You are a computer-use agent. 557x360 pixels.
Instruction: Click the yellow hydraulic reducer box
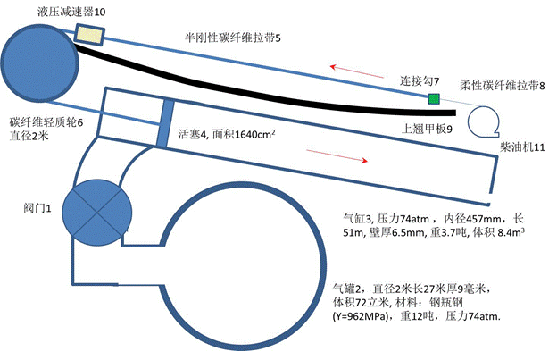[89, 35]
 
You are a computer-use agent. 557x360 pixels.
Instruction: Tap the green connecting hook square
[434, 98]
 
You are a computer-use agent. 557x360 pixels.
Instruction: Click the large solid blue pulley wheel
[39, 63]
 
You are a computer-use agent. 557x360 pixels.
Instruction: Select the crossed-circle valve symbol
[97, 213]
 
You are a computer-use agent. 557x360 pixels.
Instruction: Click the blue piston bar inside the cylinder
[165, 123]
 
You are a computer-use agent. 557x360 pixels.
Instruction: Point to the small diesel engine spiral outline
[484, 121]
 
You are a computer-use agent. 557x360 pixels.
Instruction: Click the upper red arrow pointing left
[357, 71]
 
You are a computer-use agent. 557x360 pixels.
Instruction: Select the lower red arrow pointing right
[337, 156]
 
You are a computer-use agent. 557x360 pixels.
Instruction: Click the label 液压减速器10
[71, 12]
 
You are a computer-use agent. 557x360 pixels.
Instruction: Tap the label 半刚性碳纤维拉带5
[233, 38]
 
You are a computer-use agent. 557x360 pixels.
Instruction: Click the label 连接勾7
[420, 81]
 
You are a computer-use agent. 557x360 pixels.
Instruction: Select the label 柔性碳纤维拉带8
[503, 85]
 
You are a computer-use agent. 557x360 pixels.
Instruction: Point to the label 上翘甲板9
[427, 129]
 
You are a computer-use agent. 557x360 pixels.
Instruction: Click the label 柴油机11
[522, 147]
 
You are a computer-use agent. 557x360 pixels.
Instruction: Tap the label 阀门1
[37, 208]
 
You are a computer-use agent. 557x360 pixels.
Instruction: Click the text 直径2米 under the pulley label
[29, 136]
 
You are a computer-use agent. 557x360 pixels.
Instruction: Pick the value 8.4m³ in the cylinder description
[511, 232]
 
